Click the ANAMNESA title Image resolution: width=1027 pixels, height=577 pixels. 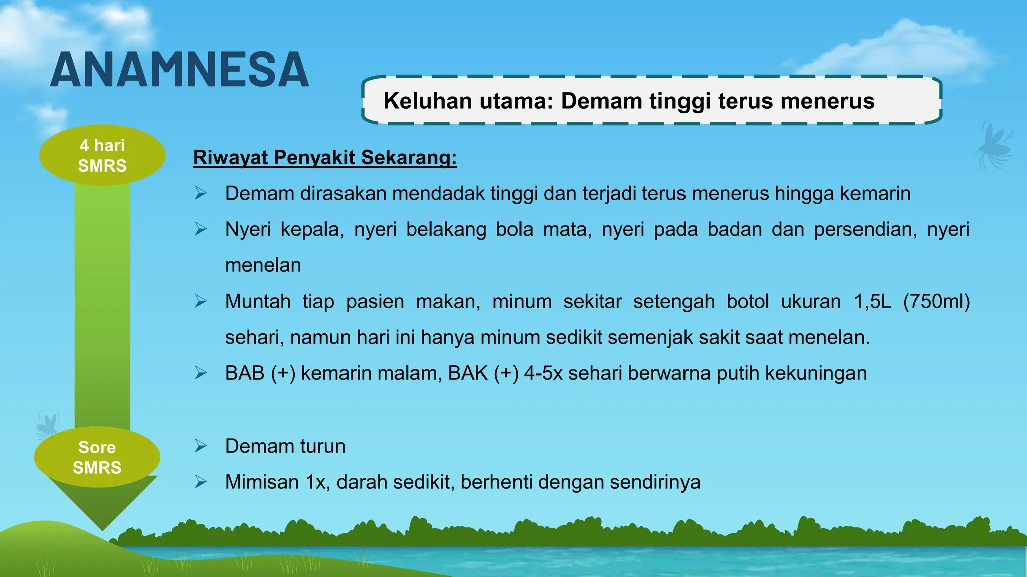[x=180, y=70]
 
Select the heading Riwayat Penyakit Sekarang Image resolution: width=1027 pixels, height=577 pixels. [x=325, y=157]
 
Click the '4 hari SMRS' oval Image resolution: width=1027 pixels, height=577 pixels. [x=102, y=155]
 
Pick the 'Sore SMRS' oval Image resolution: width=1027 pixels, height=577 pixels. [x=97, y=457]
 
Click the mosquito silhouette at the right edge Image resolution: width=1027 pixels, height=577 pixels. [x=993, y=145]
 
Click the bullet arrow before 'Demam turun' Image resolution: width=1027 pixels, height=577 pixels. [x=201, y=446]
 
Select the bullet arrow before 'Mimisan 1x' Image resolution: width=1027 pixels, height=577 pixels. [x=201, y=482]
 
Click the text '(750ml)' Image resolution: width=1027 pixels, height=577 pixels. [x=936, y=301]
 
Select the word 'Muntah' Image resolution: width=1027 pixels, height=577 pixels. [x=258, y=301]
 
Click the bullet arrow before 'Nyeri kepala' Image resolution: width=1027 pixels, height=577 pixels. [x=201, y=229]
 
